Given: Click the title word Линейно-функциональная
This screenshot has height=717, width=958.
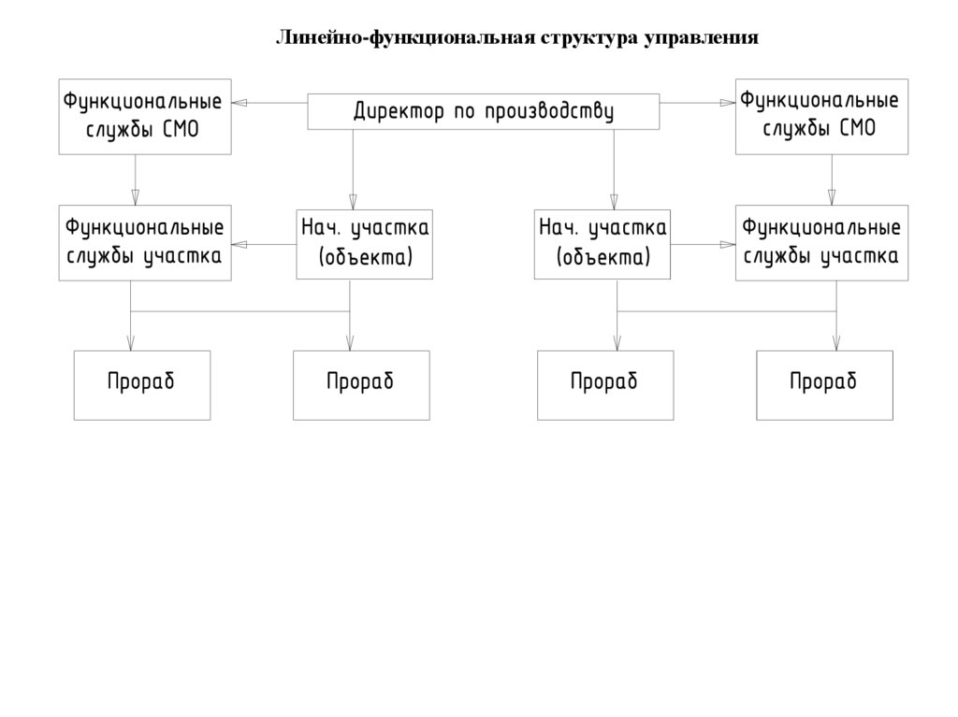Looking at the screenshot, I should [403, 38].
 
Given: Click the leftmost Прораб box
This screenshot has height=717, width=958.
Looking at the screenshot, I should [142, 384].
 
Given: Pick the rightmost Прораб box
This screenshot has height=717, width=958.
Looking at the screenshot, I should [824, 384].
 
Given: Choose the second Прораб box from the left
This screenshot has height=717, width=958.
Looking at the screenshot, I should [361, 384].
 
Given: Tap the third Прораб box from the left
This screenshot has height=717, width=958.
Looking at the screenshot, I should [605, 384].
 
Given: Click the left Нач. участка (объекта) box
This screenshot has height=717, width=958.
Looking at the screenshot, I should [365, 243].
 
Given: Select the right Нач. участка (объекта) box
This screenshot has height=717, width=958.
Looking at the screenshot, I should [602, 243].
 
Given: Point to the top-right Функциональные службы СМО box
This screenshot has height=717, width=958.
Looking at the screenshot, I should [820, 116].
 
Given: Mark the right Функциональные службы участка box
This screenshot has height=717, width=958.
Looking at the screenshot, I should [820, 243].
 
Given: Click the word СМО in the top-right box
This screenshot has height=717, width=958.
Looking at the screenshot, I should [857, 129].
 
